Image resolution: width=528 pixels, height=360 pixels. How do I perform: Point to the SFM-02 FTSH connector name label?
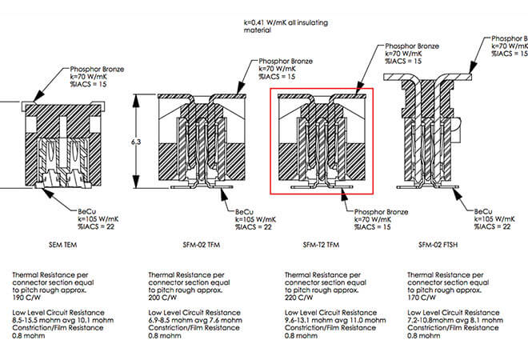point(439,242)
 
